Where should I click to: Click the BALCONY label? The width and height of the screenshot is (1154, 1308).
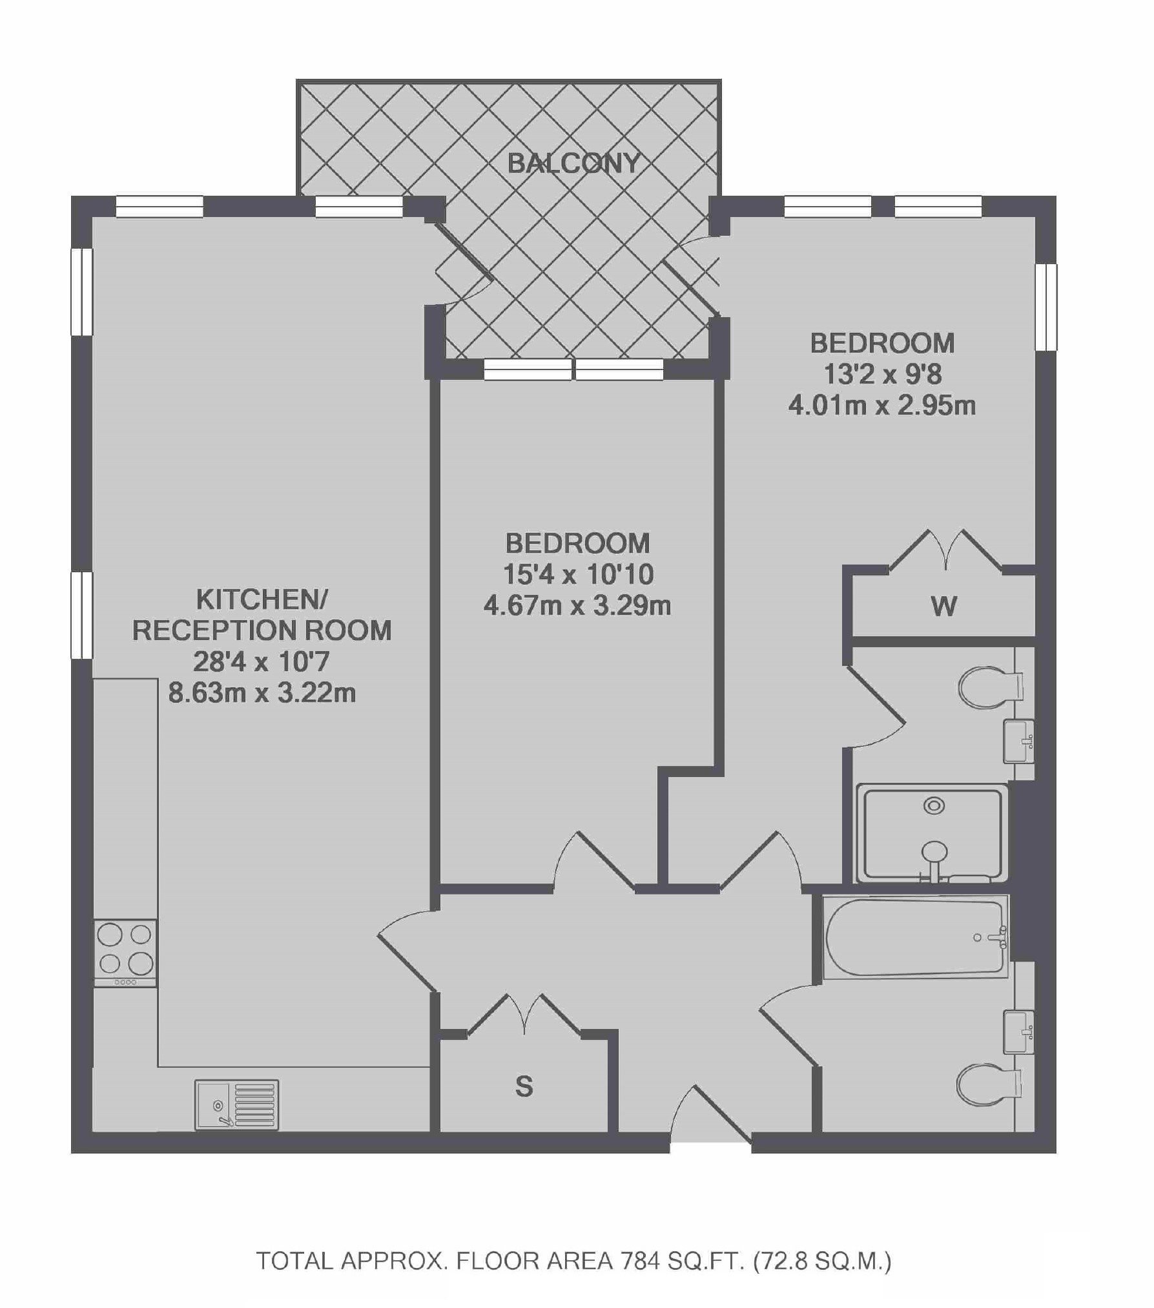(573, 163)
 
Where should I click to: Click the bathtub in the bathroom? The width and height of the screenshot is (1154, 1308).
(915, 937)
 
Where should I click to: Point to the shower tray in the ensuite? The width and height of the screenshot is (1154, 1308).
(932, 833)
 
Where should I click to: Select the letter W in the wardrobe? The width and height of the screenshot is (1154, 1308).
(943, 607)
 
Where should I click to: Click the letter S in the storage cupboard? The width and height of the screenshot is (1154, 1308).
(524, 1086)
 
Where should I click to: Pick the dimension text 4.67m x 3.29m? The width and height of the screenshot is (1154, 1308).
(577, 606)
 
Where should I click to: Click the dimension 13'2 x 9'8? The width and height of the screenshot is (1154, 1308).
(882, 374)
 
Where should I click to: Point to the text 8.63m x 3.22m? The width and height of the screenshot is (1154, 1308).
(262, 693)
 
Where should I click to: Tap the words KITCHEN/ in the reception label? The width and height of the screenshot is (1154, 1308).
(262, 599)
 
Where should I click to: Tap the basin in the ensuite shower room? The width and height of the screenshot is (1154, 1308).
(1018, 742)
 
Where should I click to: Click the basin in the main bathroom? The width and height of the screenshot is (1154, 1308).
(1018, 1032)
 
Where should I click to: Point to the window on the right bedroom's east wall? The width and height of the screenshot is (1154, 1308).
(1046, 307)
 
